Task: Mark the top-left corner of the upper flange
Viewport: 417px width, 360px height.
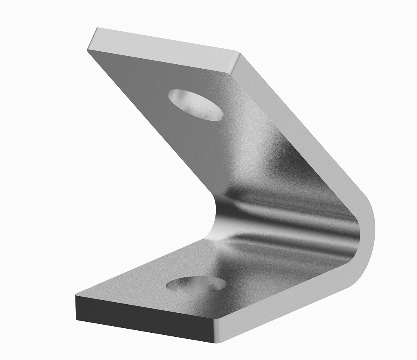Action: (x=97, y=28)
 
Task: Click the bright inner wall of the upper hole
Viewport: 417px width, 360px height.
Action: (x=183, y=98)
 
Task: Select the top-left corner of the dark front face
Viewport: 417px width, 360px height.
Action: (x=76, y=296)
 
